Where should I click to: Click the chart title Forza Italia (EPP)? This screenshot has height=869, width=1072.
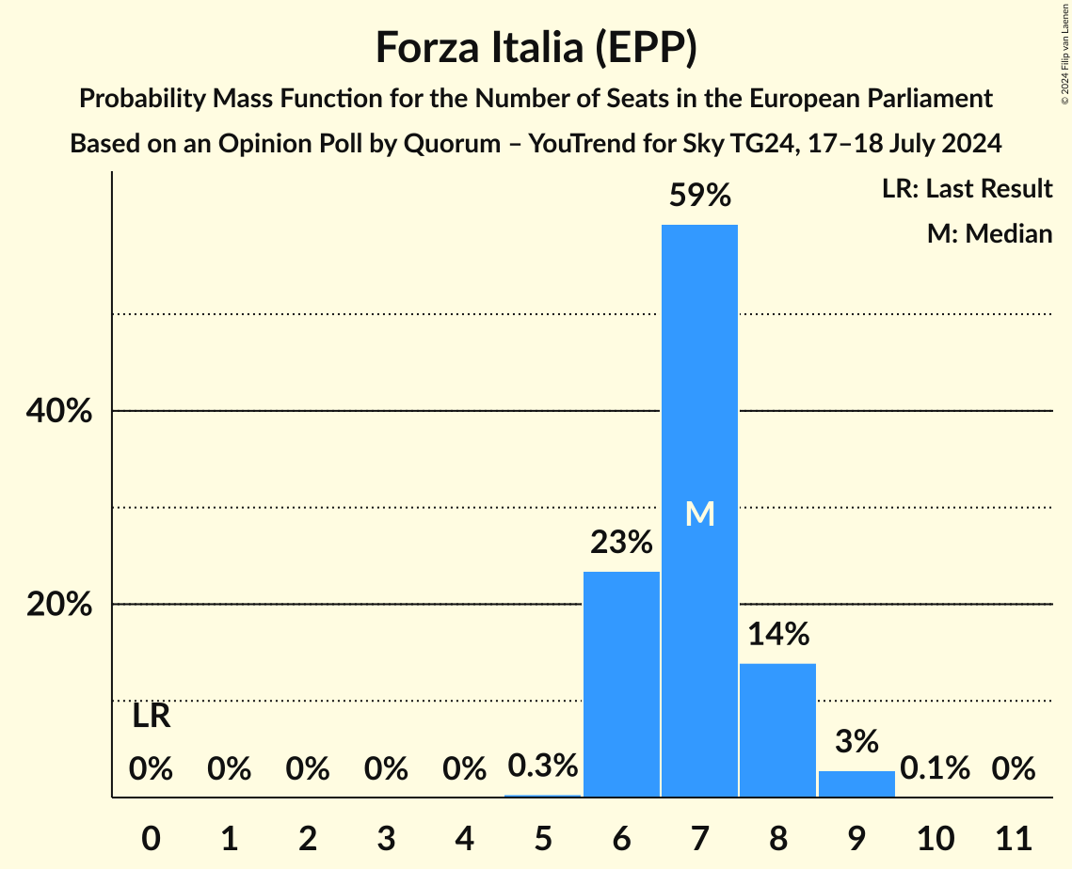coord(536,47)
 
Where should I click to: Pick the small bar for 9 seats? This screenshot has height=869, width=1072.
coord(856,783)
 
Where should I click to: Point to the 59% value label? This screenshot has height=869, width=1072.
coord(699,196)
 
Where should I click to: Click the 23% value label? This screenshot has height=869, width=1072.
coord(621,543)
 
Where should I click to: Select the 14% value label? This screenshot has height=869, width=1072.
coord(778,635)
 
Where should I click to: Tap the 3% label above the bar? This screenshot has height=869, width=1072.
coord(856,741)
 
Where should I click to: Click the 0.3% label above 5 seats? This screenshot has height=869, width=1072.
coord(542,766)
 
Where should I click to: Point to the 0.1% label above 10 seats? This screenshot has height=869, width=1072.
coord(935,768)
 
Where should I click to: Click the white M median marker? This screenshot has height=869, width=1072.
coord(699,513)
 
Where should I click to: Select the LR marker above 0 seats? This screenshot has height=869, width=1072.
coord(151,717)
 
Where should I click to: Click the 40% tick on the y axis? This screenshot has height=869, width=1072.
coord(59,412)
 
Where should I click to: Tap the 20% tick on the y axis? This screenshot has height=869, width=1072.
coord(59,605)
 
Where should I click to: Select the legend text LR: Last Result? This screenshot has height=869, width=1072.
coord(967,189)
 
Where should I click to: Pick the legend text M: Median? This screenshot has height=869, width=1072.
coord(989,233)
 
